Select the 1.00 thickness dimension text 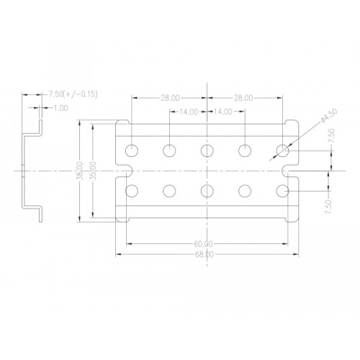click(60, 108)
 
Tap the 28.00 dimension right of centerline click(243, 98)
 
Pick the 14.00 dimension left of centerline click(188, 112)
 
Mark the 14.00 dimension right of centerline click(224, 112)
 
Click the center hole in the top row click(207, 150)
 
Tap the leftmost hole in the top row click(132, 150)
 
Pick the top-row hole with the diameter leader click(282, 150)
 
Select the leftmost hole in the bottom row click(132, 191)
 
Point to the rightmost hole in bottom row click(282, 191)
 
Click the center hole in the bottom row click(207, 191)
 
